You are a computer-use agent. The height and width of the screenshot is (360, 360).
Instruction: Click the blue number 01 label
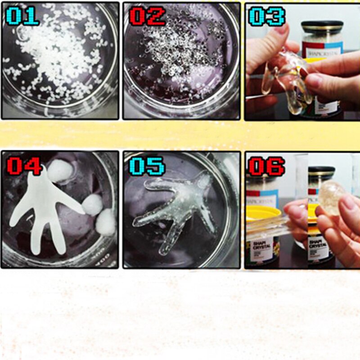[x=22, y=16]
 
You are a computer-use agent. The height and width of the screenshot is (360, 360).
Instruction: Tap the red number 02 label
[x=147, y=16]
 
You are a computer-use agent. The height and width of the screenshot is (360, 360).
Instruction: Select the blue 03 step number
[x=266, y=16]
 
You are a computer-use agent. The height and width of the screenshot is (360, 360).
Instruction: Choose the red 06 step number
[x=266, y=166]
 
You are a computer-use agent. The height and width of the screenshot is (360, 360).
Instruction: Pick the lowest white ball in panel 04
[x=106, y=223]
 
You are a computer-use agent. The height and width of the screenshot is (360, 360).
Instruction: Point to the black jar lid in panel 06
[x=321, y=172]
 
